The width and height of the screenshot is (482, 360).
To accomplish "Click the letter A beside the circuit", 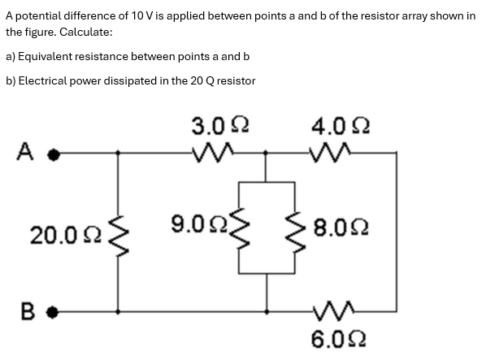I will [x=24, y=150].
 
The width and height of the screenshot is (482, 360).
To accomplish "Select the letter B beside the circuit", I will [x=24, y=310].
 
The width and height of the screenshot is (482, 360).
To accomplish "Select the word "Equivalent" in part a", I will [x=49, y=56].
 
